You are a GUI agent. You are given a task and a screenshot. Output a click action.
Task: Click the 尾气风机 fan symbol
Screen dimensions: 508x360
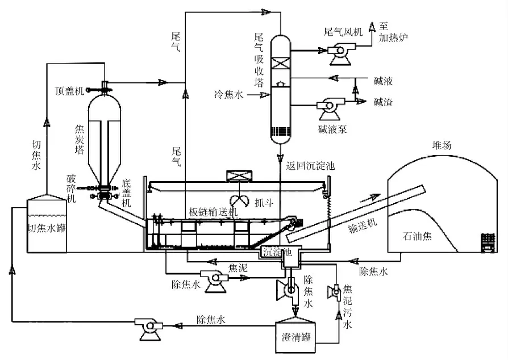click(341, 53)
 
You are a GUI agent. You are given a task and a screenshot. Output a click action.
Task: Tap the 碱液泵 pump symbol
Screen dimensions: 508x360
click(330, 109)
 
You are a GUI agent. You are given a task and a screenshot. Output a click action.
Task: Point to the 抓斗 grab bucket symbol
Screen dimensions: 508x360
click(239, 201)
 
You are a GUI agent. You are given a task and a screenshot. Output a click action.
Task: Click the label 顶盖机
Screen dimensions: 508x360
click(69, 91)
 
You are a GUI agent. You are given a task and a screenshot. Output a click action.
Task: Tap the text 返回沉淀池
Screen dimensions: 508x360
click(310, 166)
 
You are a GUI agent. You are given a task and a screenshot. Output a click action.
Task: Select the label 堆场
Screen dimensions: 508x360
click(442, 145)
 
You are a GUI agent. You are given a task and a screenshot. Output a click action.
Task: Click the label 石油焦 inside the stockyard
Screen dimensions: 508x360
click(417, 236)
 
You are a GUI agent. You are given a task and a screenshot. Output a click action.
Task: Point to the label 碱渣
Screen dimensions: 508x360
click(383, 102)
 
